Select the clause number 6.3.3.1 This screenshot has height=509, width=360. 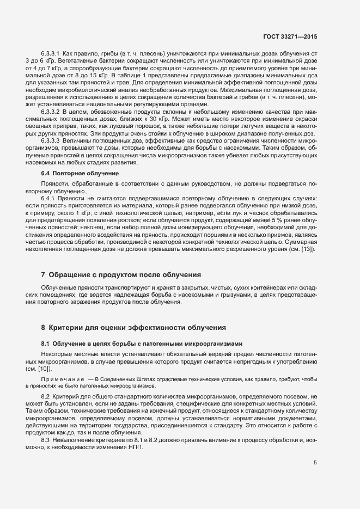51,54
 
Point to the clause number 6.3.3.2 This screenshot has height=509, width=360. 51,111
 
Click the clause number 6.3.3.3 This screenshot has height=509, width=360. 51,140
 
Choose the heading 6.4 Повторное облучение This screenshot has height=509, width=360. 80,173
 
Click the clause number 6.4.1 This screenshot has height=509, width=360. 48,199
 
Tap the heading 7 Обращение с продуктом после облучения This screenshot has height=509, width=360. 121,274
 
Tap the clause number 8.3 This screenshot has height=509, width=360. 46,438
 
